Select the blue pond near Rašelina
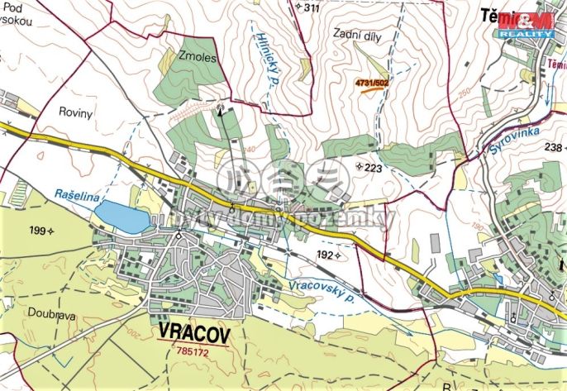coord(122,217)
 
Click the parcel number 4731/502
coord(371,83)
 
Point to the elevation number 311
coord(311,8)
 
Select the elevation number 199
coord(38,231)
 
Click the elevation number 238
coord(552,146)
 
